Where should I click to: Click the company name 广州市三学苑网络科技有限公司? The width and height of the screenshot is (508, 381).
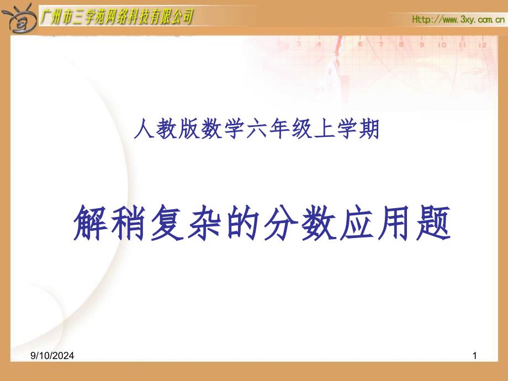117,17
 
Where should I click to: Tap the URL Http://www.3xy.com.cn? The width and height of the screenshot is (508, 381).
458,19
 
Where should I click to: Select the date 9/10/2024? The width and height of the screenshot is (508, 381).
52,356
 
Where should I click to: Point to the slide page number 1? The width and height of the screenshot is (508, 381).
475,356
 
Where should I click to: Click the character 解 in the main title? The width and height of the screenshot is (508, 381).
91,223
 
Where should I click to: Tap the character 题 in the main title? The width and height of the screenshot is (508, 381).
433,223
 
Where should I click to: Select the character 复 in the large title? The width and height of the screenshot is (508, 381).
167,223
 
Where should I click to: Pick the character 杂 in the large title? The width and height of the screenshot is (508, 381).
205,223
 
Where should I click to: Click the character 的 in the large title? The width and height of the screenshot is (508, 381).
243,223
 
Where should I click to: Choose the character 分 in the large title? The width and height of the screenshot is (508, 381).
281,223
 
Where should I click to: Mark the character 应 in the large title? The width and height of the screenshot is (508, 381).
357,223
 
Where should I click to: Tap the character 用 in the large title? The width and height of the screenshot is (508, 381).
395,223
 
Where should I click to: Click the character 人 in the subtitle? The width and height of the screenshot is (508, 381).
144,129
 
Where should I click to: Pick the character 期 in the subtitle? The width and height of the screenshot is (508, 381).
369,129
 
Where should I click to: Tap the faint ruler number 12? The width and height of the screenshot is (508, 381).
483,45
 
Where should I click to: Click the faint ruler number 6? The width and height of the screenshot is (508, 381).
360,44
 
